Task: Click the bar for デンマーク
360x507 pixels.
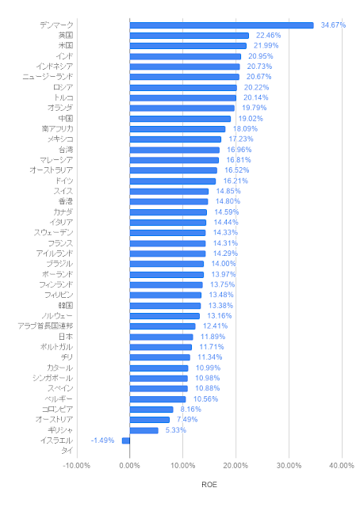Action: pos(221,25)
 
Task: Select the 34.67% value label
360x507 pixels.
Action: pos(333,25)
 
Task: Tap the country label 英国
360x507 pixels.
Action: pos(66,35)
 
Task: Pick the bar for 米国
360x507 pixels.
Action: pos(188,46)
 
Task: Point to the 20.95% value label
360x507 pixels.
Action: pos(261,56)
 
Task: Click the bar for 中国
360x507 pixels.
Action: pos(180,119)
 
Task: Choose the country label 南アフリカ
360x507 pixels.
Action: pos(57,128)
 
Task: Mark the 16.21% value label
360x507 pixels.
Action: pos(236,181)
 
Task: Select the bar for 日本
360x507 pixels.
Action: pos(161,337)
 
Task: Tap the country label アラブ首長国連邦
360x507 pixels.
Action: pos(45,326)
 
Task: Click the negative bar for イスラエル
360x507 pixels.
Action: pos(126,440)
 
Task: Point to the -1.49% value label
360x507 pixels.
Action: pos(102,440)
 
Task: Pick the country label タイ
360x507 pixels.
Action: pos(67,451)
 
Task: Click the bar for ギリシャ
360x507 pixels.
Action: pos(144,430)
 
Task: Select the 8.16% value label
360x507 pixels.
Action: pos(190,410)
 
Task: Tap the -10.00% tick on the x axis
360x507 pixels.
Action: pos(76,466)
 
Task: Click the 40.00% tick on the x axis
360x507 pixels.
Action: pos(342,466)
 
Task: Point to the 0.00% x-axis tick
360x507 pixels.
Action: pos(129,466)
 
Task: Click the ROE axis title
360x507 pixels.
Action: pos(209,484)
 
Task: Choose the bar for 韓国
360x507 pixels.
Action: pos(165,306)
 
